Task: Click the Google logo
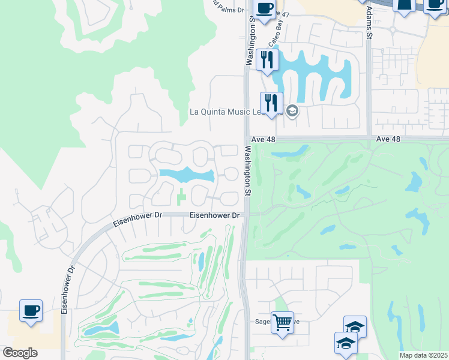pos(20,353)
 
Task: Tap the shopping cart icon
pos(282,322)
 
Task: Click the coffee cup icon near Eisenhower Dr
pos(31,311)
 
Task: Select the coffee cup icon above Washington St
pos(264,8)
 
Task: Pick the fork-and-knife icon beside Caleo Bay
pos(267,60)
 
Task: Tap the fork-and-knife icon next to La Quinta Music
pos(271,103)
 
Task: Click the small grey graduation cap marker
pos(292,111)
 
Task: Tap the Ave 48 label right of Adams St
pos(388,139)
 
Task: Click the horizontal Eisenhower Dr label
pos(214,215)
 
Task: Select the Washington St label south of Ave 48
pos(247,171)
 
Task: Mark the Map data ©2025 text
pos(423,355)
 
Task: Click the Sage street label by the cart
pos(264,322)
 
